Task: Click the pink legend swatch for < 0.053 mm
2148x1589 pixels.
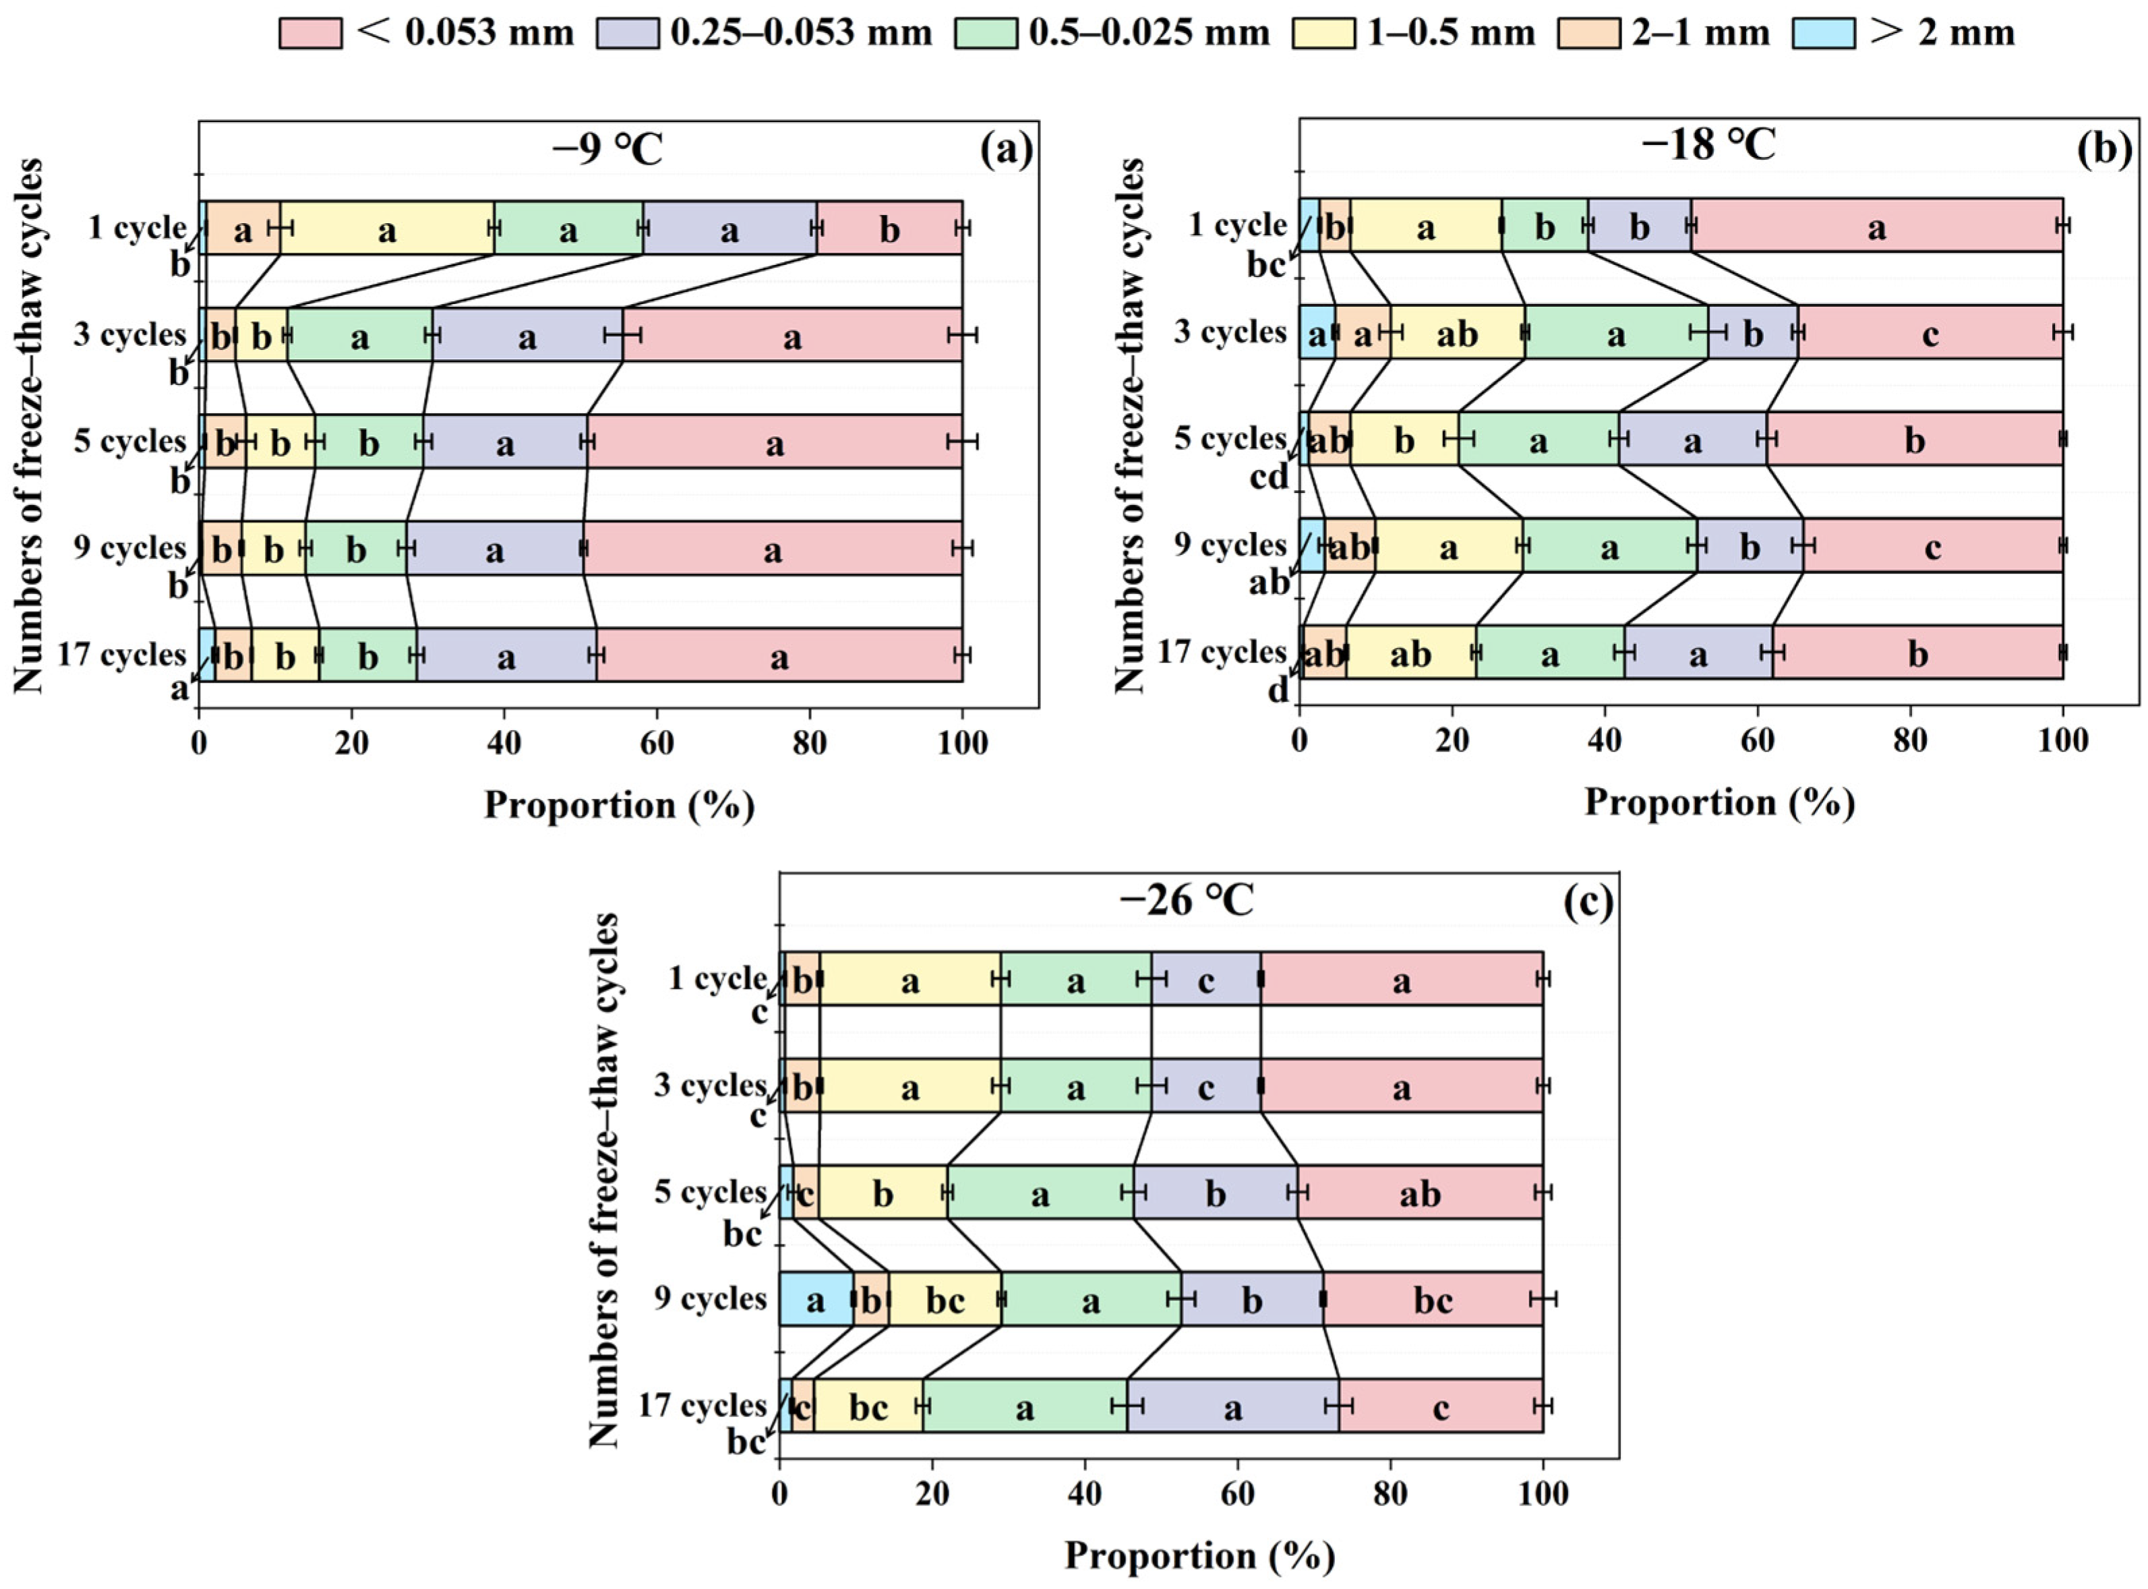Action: pyautogui.click(x=309, y=34)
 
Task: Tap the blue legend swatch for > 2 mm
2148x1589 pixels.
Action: pyautogui.click(x=1823, y=34)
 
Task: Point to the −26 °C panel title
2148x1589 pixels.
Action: pyautogui.click(x=1187, y=901)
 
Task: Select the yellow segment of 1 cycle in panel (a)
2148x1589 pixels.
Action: pyautogui.click(x=387, y=228)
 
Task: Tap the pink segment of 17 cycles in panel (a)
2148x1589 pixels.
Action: pyautogui.click(x=779, y=655)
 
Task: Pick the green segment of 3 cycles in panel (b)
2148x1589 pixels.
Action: pyautogui.click(x=1616, y=333)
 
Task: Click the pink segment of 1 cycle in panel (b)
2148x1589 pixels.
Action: pyautogui.click(x=1876, y=226)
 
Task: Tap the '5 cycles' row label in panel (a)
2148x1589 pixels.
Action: pyautogui.click(x=130, y=442)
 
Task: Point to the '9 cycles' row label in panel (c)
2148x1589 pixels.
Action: pyautogui.click(x=710, y=1298)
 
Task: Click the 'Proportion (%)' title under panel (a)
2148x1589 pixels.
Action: pyautogui.click(x=618, y=805)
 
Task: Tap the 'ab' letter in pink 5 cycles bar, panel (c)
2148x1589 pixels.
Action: pyautogui.click(x=1420, y=1194)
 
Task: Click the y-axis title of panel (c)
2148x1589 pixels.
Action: pyautogui.click(x=603, y=1181)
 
